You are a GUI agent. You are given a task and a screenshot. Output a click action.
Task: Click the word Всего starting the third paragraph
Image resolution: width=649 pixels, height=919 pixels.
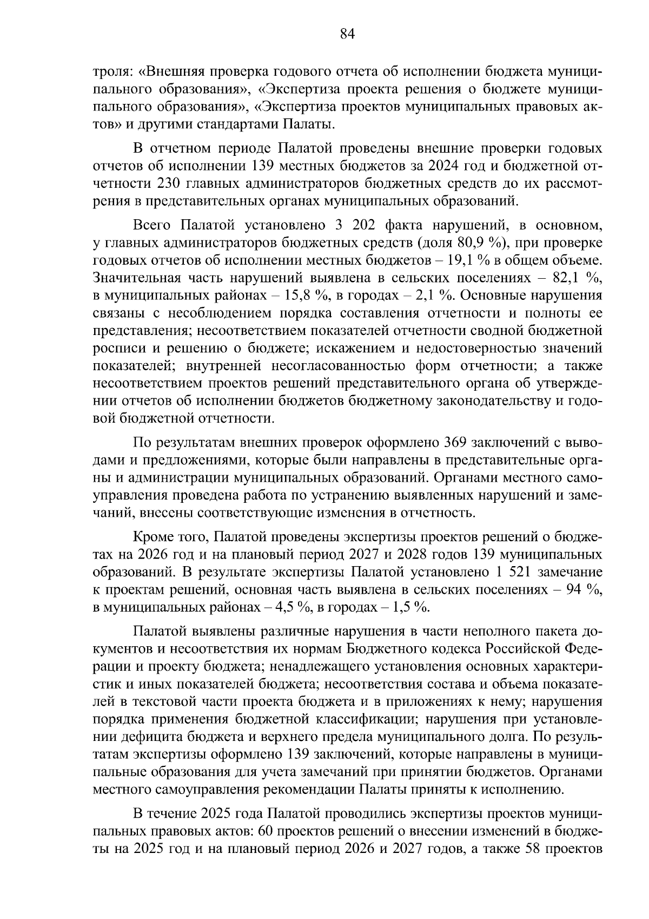click(x=151, y=225)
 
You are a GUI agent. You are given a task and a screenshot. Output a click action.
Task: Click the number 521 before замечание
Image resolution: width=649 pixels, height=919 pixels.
click(x=522, y=572)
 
